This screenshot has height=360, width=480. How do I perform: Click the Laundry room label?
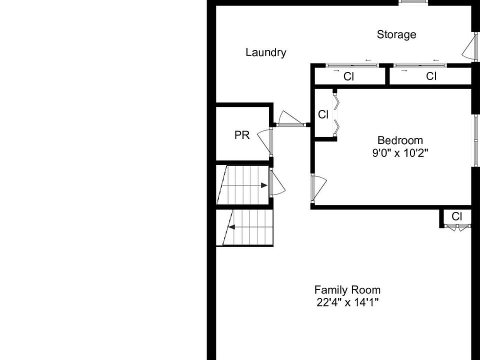tap(265, 52)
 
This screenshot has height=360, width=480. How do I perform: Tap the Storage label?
tap(396, 34)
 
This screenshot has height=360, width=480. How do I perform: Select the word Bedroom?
tap(399, 140)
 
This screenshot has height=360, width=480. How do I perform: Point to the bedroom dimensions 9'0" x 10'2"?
tap(399, 153)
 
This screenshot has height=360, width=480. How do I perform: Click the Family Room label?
tap(347, 290)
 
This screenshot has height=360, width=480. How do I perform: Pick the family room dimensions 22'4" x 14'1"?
tap(347, 302)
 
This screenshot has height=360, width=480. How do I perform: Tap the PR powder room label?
tap(242, 135)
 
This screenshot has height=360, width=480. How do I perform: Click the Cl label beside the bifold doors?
tap(323, 114)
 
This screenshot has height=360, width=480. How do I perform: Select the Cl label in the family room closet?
tap(457, 216)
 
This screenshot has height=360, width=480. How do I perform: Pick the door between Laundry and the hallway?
tap(290, 119)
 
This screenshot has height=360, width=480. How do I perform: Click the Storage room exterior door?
tap(468, 48)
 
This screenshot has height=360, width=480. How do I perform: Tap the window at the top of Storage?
tap(413, 3)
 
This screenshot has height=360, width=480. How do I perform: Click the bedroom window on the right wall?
tap(475, 140)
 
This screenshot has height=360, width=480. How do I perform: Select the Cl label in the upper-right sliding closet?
tap(431, 76)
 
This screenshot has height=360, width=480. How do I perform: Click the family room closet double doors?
tap(457, 226)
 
